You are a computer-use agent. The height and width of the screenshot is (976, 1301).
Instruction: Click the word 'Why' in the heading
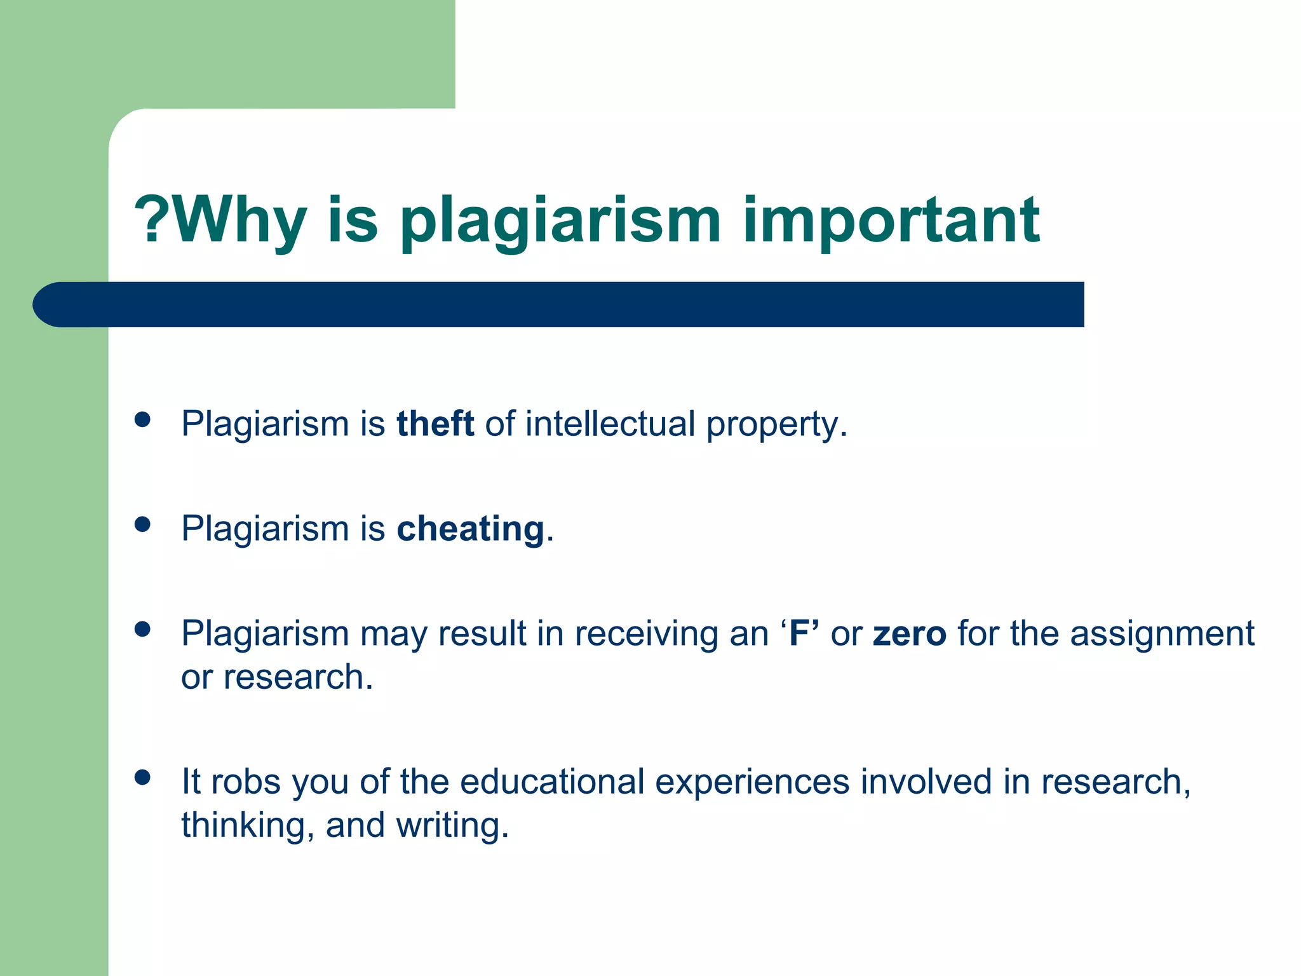coord(238,220)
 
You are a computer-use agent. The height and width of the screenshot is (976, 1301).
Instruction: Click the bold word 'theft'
coord(435,424)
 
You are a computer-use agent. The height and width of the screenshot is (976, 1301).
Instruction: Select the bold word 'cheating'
coord(471,529)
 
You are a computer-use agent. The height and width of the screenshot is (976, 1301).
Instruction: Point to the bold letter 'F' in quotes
coord(799,634)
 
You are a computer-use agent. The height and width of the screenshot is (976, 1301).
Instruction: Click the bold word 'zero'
coord(909,634)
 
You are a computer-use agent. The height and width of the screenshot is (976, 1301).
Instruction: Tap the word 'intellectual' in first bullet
coord(610,424)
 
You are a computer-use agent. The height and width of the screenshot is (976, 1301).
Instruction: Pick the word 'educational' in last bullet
coord(551,782)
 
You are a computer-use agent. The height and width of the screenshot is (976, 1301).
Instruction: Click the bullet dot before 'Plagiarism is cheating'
coord(142,524)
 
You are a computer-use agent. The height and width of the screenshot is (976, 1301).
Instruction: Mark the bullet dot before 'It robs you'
coord(142,777)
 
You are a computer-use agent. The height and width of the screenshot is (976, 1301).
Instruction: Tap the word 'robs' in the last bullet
coord(245,782)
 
